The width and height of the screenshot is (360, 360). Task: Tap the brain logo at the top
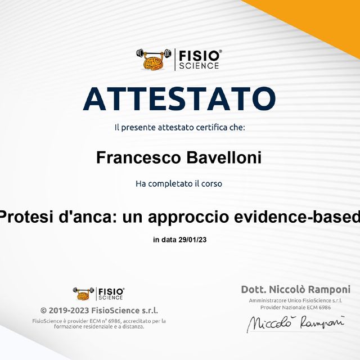pyautogui.click(x=154, y=58)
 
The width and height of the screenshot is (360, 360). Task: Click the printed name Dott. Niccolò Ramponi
pyautogui.click(x=295, y=290)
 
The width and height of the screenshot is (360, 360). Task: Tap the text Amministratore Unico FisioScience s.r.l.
pyautogui.click(x=295, y=301)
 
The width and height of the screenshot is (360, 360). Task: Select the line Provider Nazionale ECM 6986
pyautogui.click(x=295, y=308)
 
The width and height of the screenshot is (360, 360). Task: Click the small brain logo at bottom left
pyautogui.click(x=83, y=293)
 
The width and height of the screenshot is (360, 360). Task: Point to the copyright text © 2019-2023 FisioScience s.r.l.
pyautogui.click(x=99, y=310)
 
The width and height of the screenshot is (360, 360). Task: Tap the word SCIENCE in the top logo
pyautogui.click(x=199, y=66)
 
